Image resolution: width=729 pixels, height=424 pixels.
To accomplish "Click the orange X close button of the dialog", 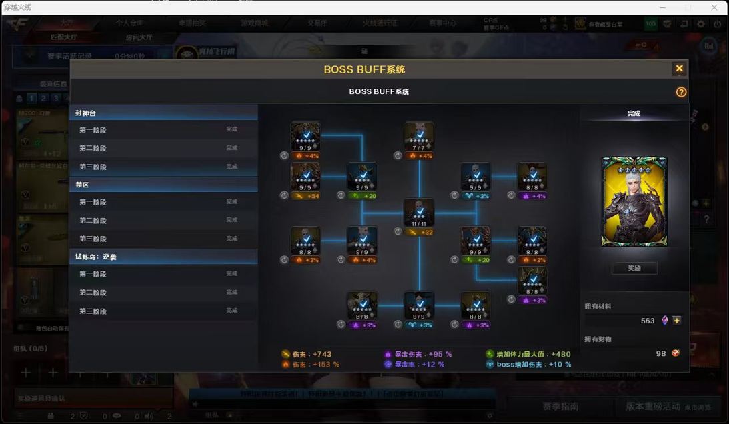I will (679, 69).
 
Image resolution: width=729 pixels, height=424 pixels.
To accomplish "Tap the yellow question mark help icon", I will (681, 92).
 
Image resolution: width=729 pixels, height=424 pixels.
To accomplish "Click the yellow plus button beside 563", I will (677, 321).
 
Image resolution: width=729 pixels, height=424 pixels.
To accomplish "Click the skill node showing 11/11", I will (419, 213).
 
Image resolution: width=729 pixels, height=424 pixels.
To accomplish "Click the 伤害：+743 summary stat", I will (307, 354).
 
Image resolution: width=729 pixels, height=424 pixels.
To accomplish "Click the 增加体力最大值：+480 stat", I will (528, 354).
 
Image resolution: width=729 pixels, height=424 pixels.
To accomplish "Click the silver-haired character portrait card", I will (634, 201).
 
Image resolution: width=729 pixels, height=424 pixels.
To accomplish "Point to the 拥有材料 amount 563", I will (647, 321).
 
